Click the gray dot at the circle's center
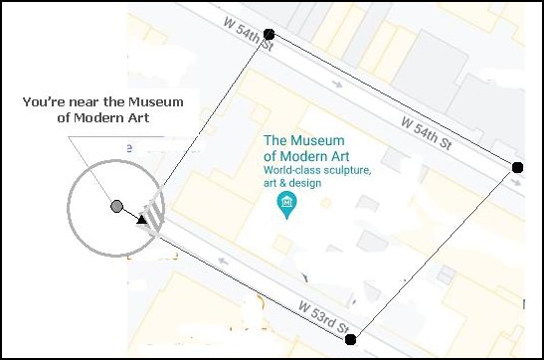pos(116,206)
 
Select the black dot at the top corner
pos(269,35)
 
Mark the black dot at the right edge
pos(516,167)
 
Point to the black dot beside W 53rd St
pos(350,339)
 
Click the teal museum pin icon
pos(286,205)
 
